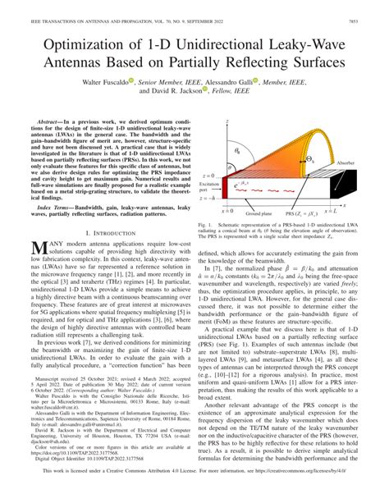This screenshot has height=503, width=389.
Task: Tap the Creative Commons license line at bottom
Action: tap(194, 495)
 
